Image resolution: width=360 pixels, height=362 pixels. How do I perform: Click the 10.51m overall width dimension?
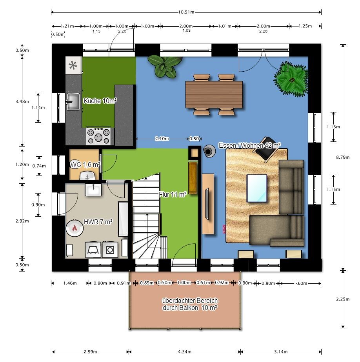[186, 12]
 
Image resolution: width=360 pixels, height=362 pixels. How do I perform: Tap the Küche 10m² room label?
[100, 101]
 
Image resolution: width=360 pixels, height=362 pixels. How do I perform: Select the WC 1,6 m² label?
[85, 165]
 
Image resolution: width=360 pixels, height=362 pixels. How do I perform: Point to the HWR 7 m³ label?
[98, 222]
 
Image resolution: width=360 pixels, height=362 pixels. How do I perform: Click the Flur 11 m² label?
[173, 195]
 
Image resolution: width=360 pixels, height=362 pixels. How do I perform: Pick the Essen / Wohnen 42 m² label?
[250, 145]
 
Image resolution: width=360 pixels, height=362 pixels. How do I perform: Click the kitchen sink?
[73, 101]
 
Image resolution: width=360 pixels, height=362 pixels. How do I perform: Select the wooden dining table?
[214, 94]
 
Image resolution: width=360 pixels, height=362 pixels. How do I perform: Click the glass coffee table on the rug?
[257, 188]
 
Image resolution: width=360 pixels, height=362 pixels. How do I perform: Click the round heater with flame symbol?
[75, 228]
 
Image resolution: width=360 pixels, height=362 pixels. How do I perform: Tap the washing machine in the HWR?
[110, 250]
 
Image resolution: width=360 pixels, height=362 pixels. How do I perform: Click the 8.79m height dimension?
[343, 157]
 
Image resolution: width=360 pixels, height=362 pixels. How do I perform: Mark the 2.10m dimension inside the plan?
[162, 139]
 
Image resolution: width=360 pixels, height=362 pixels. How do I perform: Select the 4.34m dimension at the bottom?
[185, 352]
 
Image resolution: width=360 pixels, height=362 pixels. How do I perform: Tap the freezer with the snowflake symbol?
[73, 65]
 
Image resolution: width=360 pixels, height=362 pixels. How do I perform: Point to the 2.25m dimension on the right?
[343, 299]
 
